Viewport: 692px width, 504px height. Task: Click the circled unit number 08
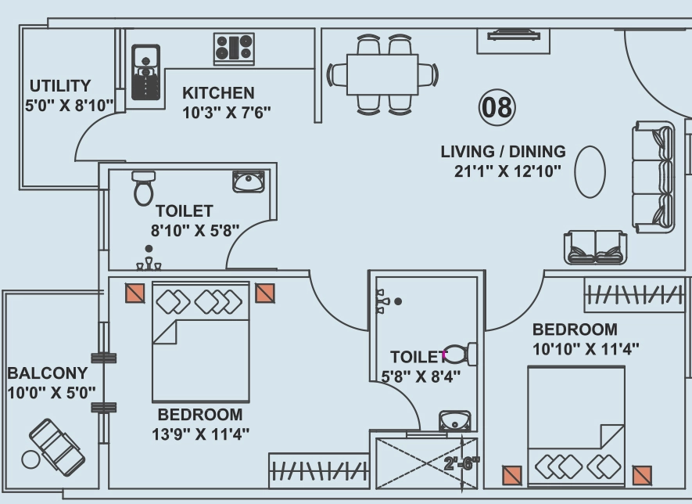click(497, 107)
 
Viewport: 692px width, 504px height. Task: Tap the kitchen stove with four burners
click(234, 49)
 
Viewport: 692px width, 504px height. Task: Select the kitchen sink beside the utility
click(145, 72)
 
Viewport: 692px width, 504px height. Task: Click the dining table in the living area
click(382, 74)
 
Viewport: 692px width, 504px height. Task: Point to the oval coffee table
click(590, 172)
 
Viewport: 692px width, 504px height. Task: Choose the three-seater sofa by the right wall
click(654, 177)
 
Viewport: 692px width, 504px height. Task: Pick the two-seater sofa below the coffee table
click(595, 247)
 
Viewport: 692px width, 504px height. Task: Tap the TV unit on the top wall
click(513, 41)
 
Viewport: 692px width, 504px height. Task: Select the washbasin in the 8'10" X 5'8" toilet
click(249, 182)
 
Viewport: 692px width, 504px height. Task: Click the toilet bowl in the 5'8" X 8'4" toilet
click(461, 354)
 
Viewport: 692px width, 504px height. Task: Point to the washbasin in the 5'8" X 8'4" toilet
click(454, 421)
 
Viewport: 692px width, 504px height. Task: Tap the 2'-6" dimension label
click(462, 463)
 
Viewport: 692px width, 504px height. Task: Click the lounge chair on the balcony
click(57, 448)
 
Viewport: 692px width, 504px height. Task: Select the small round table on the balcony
click(31, 459)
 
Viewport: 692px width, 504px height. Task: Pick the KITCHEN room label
click(218, 93)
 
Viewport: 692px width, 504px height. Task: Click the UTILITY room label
click(60, 85)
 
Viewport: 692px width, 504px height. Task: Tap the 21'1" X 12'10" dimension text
click(507, 171)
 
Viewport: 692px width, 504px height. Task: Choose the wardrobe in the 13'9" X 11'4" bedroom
click(319, 471)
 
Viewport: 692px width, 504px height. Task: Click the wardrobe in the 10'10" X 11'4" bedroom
click(635, 294)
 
